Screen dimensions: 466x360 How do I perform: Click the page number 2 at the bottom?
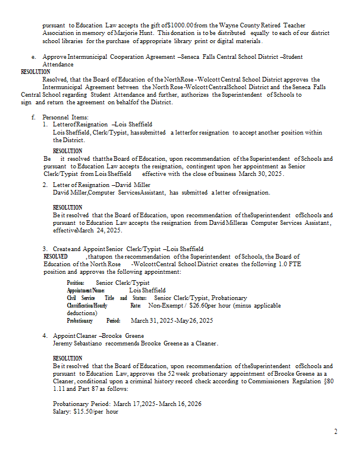coord(336,432)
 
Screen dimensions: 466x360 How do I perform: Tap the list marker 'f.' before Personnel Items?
coord(34,117)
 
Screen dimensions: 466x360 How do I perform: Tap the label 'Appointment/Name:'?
coord(86,290)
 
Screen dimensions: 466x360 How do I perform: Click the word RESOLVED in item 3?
coord(55,256)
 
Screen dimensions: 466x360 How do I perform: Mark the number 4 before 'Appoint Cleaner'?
coord(45,336)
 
